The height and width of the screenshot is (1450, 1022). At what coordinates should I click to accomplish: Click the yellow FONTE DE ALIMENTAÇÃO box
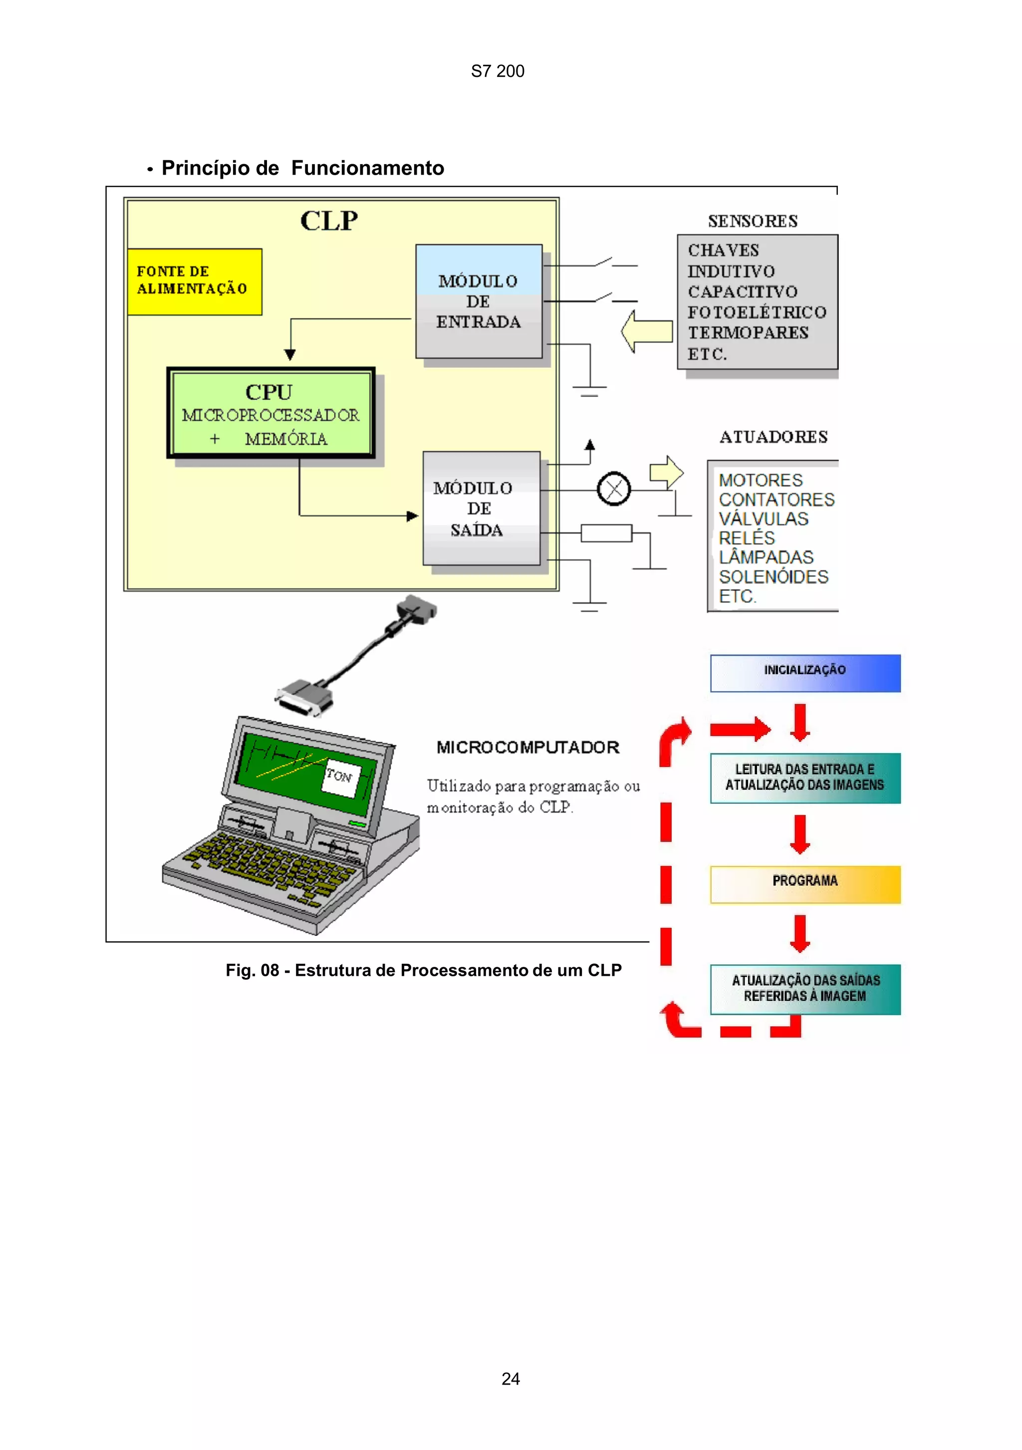(x=195, y=282)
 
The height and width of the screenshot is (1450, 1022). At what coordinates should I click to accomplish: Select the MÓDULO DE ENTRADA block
(x=479, y=302)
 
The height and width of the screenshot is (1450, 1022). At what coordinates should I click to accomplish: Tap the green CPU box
(x=271, y=413)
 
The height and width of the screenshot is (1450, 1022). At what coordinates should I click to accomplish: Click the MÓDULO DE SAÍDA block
(x=481, y=509)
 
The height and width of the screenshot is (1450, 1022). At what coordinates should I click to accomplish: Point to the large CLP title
(x=329, y=221)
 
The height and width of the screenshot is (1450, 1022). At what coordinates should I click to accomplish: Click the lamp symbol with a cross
(x=614, y=489)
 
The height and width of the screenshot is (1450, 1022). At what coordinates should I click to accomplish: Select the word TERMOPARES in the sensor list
(x=748, y=333)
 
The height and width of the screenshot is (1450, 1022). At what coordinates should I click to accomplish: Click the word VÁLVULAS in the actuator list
(x=763, y=519)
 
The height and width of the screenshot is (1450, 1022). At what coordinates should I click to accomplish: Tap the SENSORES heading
(x=753, y=221)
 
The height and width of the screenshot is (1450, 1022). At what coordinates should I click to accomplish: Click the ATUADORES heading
(x=773, y=437)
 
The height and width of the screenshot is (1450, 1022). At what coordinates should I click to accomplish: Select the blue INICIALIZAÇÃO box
(x=805, y=673)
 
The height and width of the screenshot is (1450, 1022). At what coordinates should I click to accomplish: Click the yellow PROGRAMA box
(x=805, y=884)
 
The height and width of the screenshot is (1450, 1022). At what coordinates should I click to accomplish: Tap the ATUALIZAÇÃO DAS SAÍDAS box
(x=805, y=989)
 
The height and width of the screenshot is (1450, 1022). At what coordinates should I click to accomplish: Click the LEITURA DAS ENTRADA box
(x=805, y=778)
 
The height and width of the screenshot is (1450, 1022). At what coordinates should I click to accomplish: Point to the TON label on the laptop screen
(x=340, y=776)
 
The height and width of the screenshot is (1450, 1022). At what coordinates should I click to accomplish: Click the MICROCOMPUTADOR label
(x=528, y=747)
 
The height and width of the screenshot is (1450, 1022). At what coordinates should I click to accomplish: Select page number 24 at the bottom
(x=511, y=1379)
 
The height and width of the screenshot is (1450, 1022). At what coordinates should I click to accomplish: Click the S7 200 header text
(x=498, y=71)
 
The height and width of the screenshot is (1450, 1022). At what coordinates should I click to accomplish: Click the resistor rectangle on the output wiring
(x=606, y=533)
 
